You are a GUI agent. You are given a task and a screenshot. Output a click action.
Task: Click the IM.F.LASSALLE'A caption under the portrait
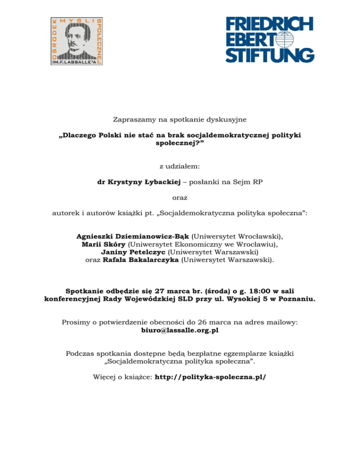pos(76,61)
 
